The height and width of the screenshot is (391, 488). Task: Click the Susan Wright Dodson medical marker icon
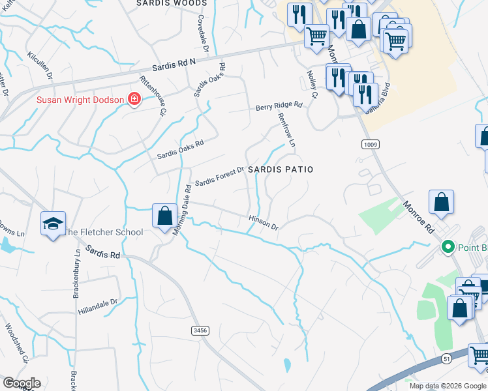click(x=134, y=100)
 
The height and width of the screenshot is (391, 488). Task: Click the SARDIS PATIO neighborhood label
click(x=281, y=169)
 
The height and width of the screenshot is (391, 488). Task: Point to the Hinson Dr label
click(x=264, y=223)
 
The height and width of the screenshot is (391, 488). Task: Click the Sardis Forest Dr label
click(x=219, y=175)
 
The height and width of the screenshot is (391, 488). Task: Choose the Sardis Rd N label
click(x=174, y=63)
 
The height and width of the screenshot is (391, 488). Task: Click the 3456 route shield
click(x=200, y=331)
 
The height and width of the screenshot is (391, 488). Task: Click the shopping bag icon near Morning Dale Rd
click(x=164, y=215)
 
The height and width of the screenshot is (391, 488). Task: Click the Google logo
click(x=21, y=383)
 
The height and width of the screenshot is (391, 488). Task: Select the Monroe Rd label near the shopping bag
click(x=418, y=217)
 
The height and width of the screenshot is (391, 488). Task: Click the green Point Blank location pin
click(x=448, y=247)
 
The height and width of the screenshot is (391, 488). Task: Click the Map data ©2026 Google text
click(x=447, y=386)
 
